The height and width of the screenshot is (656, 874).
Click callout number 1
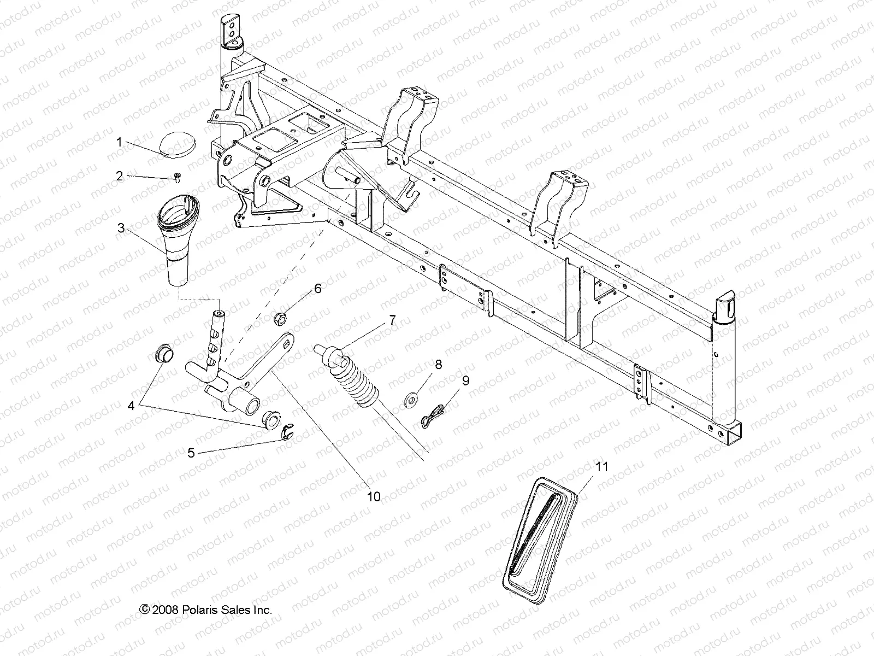[119, 127]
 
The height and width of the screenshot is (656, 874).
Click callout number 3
[121, 229]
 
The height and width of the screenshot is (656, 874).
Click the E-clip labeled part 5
[287, 434]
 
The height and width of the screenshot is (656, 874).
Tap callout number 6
[317, 289]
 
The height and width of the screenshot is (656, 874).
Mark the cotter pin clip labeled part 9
[435, 413]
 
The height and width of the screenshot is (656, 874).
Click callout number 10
[374, 497]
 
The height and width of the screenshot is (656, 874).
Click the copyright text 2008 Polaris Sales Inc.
[206, 625]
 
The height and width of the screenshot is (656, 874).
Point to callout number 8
[438, 364]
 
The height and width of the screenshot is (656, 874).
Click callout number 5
[191, 453]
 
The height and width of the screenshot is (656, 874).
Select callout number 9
[465, 381]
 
